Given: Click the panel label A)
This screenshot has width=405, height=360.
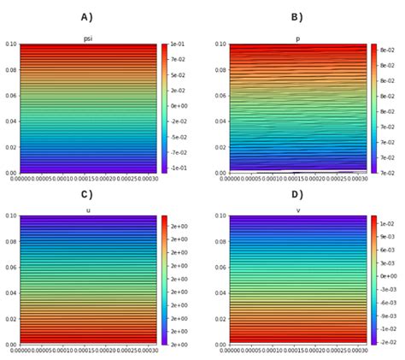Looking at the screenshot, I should coord(86,17).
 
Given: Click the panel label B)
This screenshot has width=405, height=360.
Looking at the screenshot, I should coord(297,17).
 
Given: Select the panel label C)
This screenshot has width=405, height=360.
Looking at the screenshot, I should coord(86,195).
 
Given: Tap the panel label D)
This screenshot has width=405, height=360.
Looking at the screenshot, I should coord(297,195).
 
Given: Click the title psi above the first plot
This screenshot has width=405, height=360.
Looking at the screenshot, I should coord(88,38).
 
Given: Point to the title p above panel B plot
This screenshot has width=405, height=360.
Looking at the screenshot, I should coord(297,38).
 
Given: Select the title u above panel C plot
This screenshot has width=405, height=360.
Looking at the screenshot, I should coord(88,210).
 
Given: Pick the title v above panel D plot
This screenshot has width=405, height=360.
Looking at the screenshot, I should coord(297,210).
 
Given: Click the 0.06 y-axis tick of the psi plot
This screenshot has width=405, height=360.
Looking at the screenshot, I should coord(9,96).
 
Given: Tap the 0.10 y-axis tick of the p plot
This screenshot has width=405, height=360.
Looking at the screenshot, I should coord(220,44).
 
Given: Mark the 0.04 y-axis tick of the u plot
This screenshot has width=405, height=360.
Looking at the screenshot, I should coord(9,292).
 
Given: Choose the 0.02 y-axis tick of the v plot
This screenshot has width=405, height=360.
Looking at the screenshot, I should coord(220,318).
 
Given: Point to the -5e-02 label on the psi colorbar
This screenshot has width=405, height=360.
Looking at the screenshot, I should coord(178,137).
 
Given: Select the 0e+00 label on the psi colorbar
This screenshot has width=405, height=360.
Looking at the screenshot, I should coord(178,106).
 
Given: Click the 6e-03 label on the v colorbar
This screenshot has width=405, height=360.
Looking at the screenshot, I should coord(387,251).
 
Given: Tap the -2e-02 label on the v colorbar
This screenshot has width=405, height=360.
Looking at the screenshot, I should coord(387,340).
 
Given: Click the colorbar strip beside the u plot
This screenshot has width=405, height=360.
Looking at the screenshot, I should coord(163,280).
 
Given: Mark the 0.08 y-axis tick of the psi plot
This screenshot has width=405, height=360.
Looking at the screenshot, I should coord(9,70).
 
